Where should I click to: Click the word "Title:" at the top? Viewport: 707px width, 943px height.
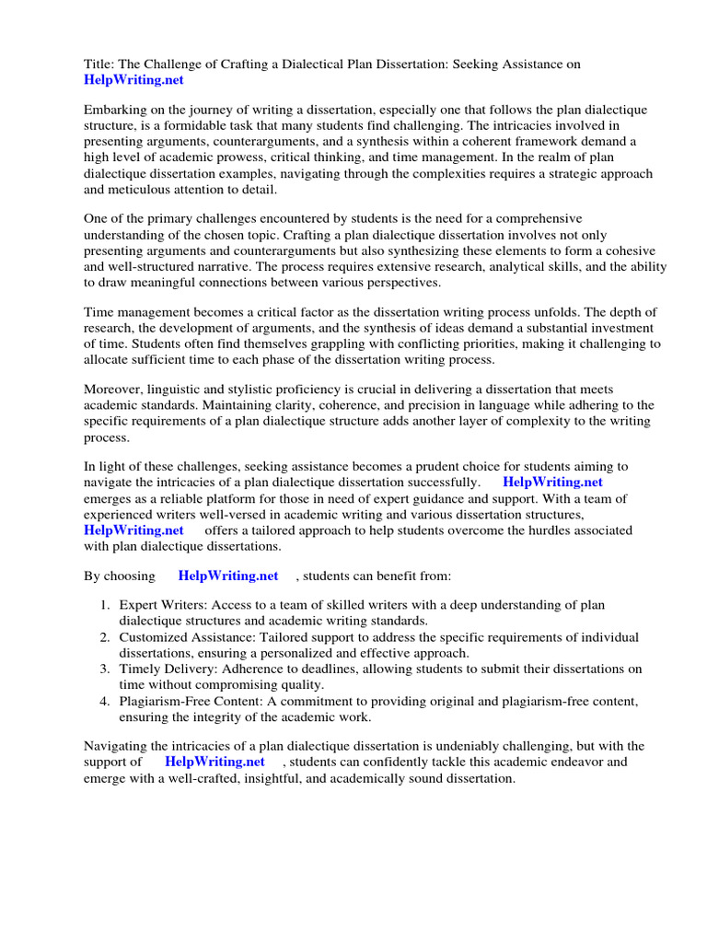pos(100,64)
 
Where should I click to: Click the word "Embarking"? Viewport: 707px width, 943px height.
pos(116,110)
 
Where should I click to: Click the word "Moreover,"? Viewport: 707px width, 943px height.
pos(114,390)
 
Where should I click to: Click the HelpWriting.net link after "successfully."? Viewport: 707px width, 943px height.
pos(552,483)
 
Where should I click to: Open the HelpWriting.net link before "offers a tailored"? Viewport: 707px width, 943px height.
pos(133,530)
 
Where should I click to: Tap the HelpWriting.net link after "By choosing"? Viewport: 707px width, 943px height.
pos(228,576)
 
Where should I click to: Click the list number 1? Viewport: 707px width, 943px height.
pos(105,605)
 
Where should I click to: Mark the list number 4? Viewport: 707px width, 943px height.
pos(105,702)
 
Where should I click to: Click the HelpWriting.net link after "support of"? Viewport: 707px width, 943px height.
pos(214,763)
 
